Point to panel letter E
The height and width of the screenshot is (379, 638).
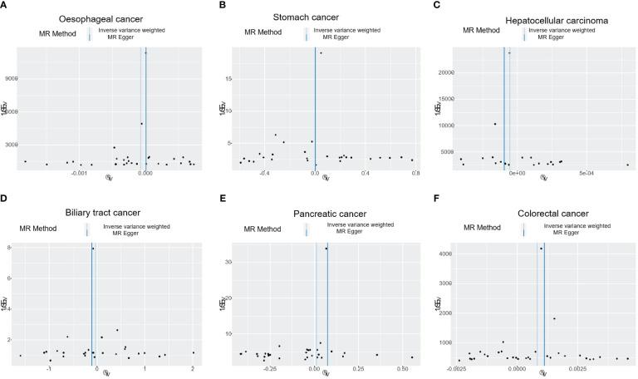222,200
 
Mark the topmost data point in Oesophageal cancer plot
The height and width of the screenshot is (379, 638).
145,53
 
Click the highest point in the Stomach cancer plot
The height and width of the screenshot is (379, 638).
321,53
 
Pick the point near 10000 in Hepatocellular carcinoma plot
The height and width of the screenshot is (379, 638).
495,125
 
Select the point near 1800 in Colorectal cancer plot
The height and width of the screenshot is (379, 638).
554,319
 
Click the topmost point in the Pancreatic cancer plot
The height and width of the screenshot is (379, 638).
326,249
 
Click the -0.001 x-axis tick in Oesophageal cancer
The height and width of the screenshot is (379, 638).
79,174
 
